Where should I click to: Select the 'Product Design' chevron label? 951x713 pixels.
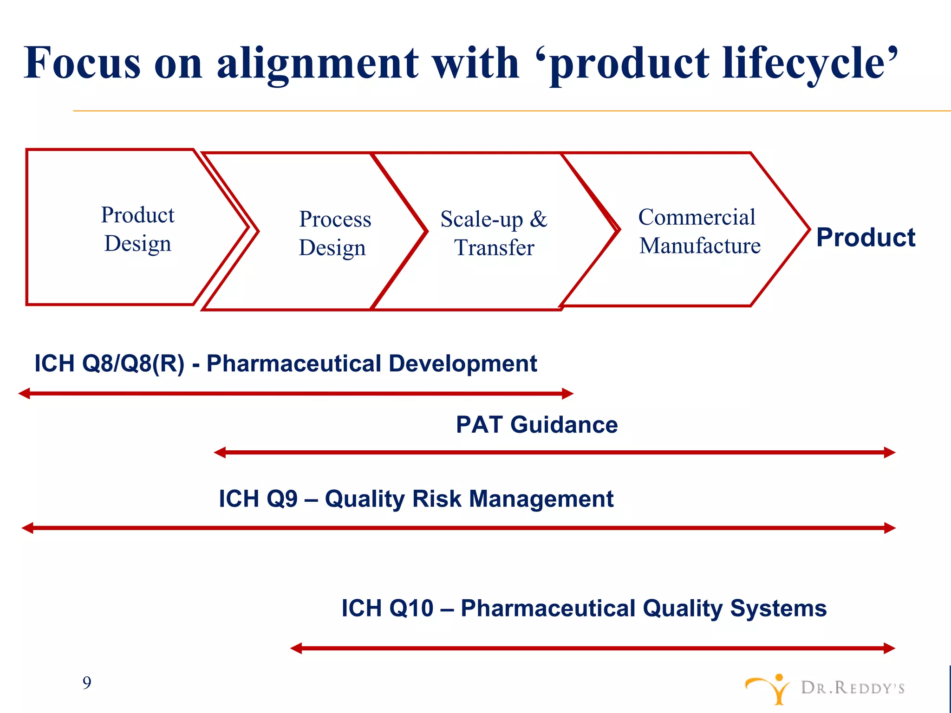[138, 229]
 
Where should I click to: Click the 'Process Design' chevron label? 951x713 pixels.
[334, 233]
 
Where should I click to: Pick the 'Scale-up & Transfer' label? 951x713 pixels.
[494, 233]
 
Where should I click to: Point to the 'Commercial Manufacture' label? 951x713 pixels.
[699, 231]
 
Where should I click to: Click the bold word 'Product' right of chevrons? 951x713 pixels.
[866, 238]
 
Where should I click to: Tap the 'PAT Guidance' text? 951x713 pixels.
[537, 425]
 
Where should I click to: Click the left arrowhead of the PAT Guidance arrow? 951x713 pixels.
[220, 452]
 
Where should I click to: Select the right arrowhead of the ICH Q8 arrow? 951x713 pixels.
[568, 394]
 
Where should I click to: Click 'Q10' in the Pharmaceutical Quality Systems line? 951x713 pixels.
[411, 609]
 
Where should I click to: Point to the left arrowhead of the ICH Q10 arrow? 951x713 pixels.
[296, 648]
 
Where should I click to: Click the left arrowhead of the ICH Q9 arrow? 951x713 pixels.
[27, 528]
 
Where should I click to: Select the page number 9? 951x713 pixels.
[87, 683]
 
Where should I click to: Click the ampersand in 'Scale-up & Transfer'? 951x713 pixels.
[539, 219]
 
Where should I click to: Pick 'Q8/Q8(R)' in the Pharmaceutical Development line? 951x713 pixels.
[133, 363]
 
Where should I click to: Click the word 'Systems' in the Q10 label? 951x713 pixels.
[778, 609]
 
